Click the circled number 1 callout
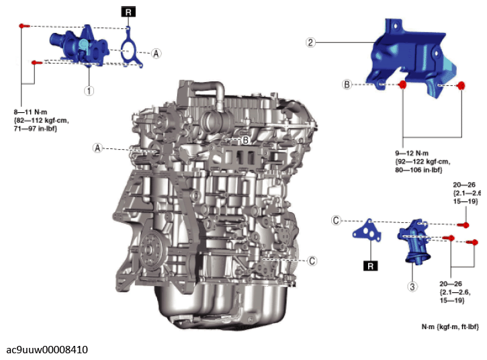click(88, 89)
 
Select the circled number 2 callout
click(310, 42)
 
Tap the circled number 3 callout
click(412, 287)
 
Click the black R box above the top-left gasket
click(128, 11)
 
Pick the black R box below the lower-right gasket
click(370, 265)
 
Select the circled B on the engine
click(246, 140)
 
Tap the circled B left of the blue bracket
click(347, 85)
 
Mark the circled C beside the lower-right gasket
click(337, 220)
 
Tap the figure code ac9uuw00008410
click(47, 349)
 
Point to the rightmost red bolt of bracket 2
click(462, 85)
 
